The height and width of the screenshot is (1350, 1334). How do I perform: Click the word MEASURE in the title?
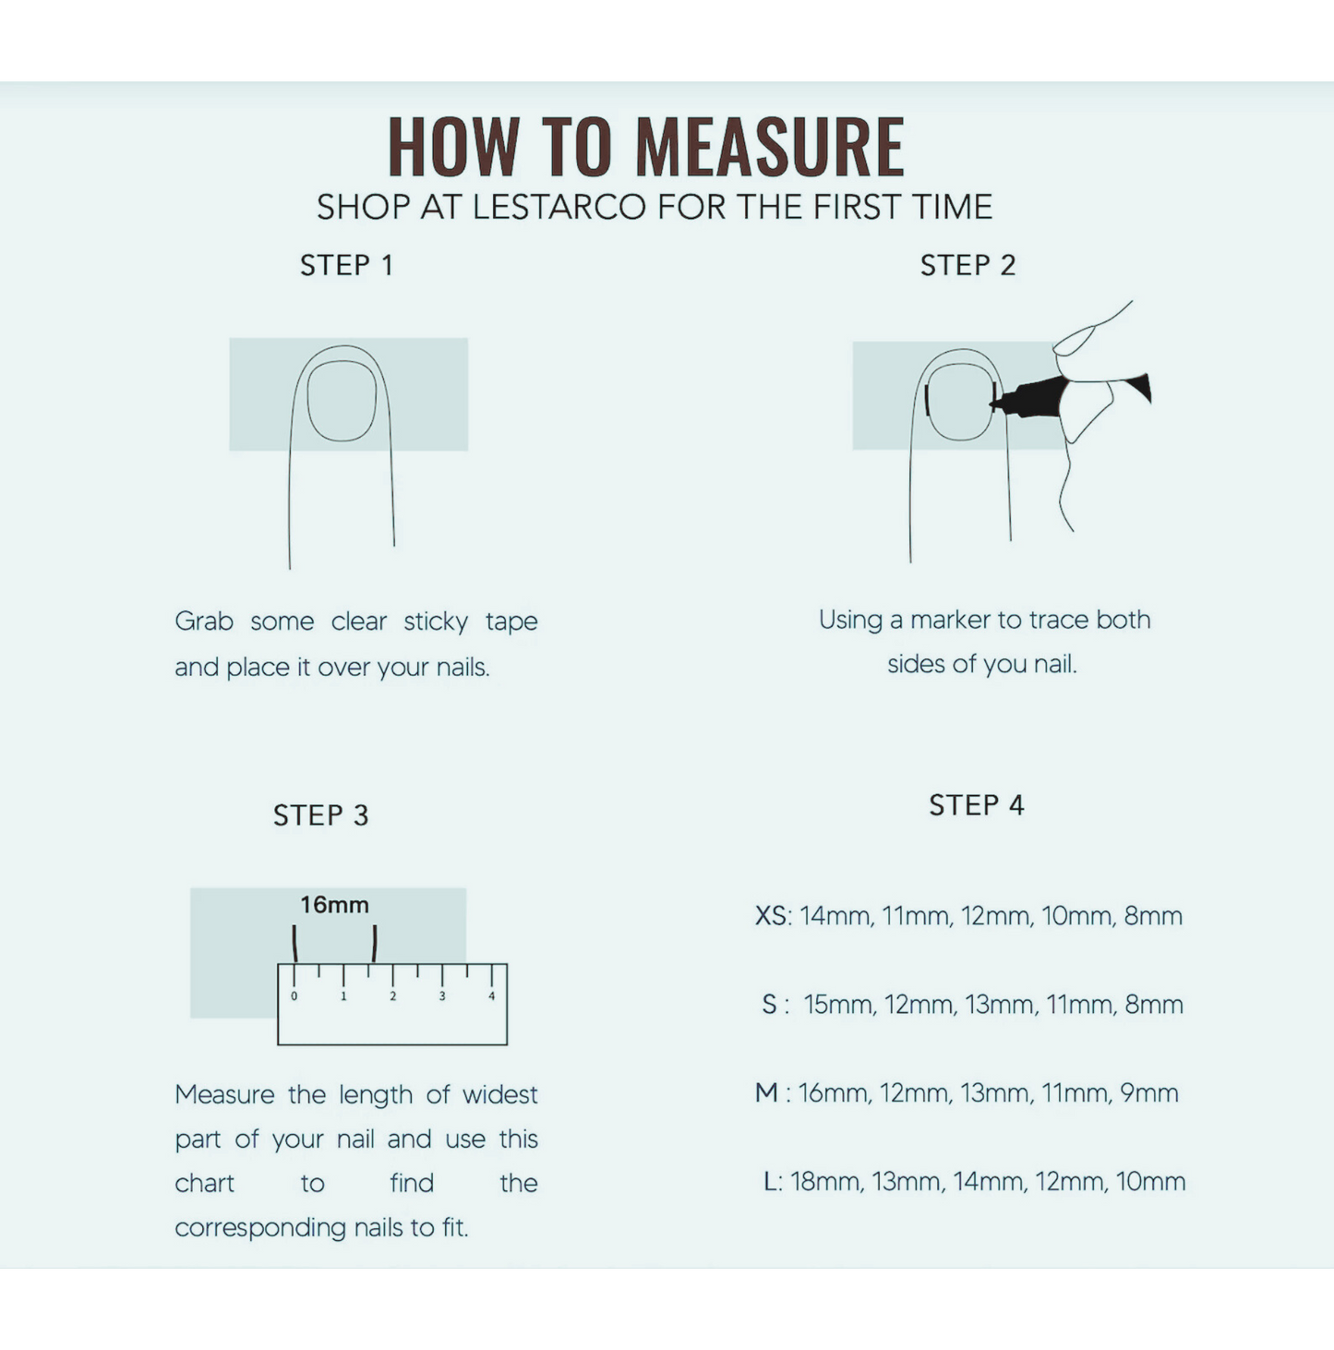(770, 147)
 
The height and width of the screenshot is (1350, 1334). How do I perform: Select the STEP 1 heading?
(346, 266)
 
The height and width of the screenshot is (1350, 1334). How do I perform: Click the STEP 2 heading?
(967, 266)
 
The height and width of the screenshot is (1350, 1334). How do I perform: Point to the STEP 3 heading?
(320, 815)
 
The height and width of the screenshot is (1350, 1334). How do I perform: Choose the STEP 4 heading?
(977, 805)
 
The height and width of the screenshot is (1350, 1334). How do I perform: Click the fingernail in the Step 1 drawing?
(342, 401)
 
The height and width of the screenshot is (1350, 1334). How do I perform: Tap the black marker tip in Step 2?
(995, 404)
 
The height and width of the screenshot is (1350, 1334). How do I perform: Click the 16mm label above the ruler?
(334, 905)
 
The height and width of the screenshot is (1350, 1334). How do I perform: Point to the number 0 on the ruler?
(294, 996)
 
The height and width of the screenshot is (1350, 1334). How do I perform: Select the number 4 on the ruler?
(492, 996)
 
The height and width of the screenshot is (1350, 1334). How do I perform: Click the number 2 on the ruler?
(393, 996)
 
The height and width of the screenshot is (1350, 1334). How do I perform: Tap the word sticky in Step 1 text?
(436, 622)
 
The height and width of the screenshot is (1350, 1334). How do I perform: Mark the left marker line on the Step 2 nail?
(927, 400)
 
